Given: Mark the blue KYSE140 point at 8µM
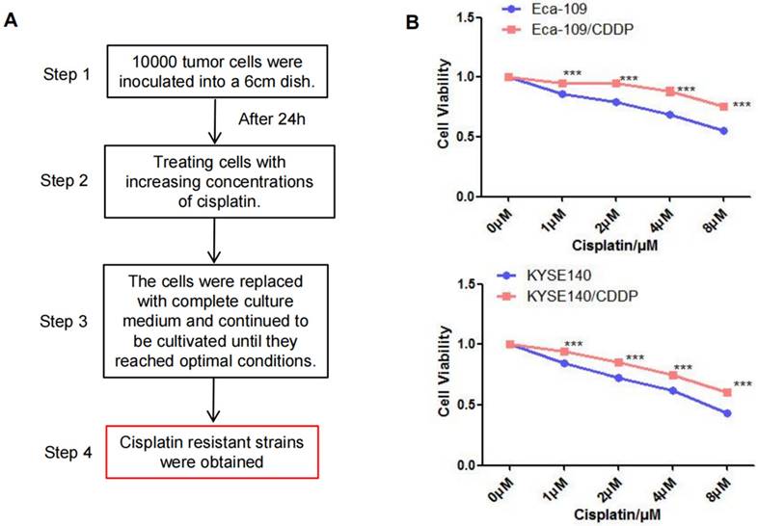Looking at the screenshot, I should coord(724,413).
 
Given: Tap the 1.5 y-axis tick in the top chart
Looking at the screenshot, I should coord(467,16).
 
